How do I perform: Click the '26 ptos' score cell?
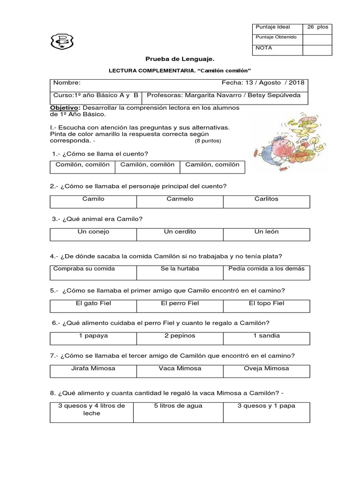[317, 27]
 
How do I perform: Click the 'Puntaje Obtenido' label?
[276, 37]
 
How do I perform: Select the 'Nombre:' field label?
[63, 82]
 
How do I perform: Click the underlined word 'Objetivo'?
[65, 108]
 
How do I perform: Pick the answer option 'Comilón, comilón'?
[82, 165]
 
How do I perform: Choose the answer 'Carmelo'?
[180, 199]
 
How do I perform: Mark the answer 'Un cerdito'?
[180, 232]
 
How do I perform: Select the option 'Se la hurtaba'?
[180, 269]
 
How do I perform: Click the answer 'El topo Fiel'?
[266, 303]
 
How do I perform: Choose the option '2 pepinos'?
[180, 336]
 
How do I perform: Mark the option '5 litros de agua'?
[179, 406]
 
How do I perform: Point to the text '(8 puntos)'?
[208, 141]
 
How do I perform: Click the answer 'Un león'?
[266, 232]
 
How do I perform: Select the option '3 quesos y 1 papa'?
[266, 406]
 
